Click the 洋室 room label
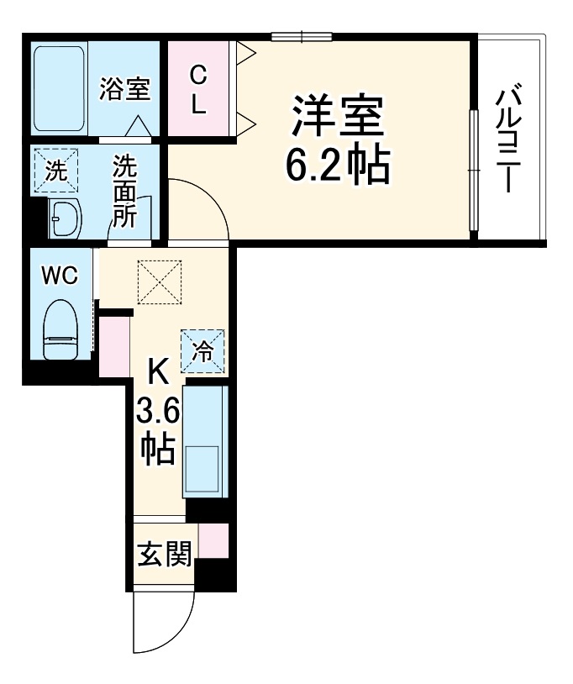pos(338,118)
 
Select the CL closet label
pos(198,91)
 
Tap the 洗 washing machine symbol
pos(55,171)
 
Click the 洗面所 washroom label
pos(125,192)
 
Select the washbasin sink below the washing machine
pos(64,219)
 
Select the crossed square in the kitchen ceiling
pos(160,281)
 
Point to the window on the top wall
pos(302,36)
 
